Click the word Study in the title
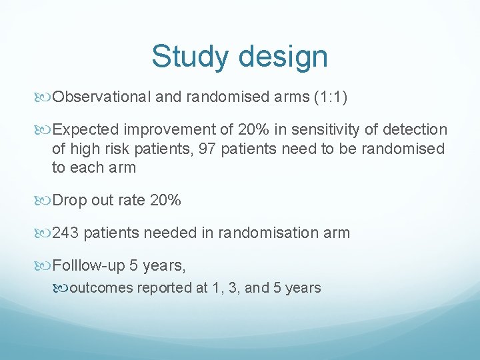[x=189, y=57]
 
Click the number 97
[x=207, y=149]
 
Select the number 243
[x=66, y=233]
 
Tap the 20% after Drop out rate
[x=166, y=201]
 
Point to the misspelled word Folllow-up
[x=89, y=265]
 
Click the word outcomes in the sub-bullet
[x=101, y=288]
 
